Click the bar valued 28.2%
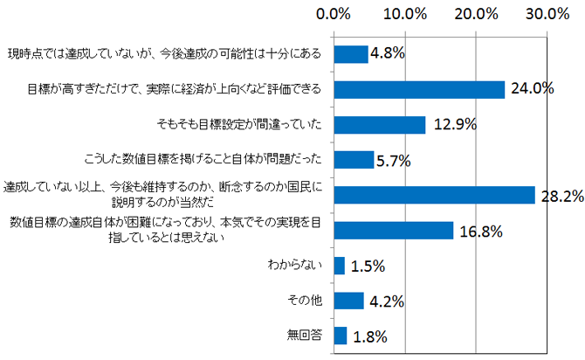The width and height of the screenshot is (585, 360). point(434,195)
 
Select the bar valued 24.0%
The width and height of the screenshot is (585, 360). point(419,89)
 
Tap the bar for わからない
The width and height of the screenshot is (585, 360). point(340,266)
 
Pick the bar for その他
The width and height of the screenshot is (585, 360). point(348,301)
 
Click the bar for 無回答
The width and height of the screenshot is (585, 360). point(341,336)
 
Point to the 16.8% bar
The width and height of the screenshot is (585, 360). point(394,230)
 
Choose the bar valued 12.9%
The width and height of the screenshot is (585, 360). point(380,124)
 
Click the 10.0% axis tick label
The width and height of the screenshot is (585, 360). point(404,15)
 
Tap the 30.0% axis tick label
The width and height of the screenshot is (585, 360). point(547,15)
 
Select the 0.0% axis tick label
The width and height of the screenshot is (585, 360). point(334,15)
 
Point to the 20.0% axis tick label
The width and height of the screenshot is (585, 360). point(476,15)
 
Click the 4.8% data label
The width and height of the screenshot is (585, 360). point(388,54)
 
